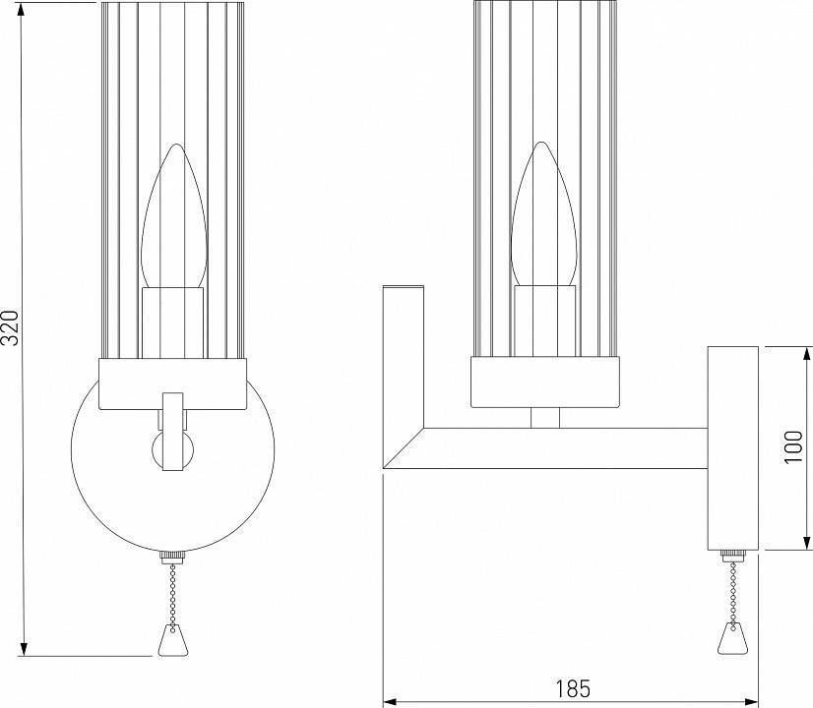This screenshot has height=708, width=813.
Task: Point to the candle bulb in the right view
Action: click(x=542, y=218)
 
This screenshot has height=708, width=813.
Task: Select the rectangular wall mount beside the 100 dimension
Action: click(x=731, y=447)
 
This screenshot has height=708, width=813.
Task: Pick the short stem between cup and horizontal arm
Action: click(x=544, y=417)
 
